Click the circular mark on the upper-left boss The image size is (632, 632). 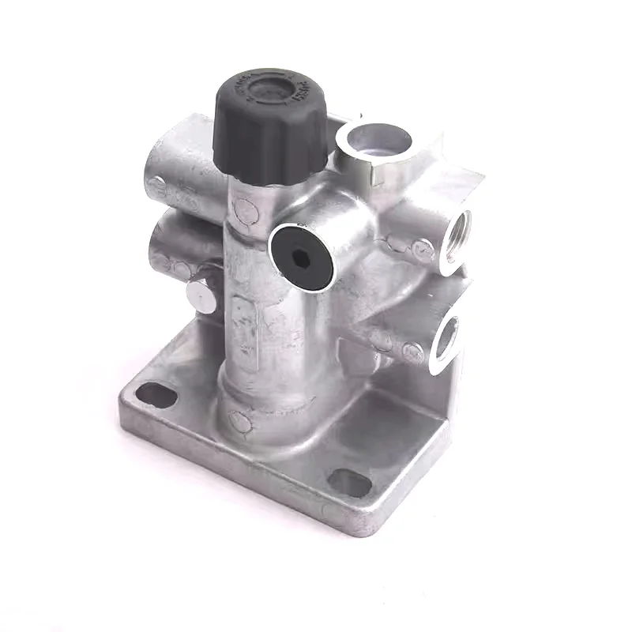[157, 186]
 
